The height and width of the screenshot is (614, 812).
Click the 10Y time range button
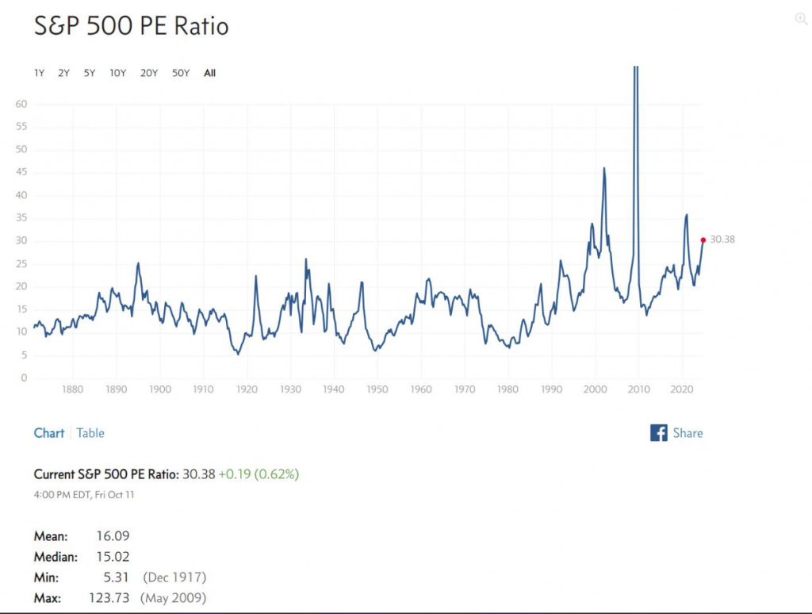click(118, 73)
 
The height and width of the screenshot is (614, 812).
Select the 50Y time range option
click(181, 73)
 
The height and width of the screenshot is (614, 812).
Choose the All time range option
click(209, 73)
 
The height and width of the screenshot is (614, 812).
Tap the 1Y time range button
click(39, 73)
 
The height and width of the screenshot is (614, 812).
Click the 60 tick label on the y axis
click(22, 104)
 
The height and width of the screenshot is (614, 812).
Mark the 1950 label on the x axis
click(377, 390)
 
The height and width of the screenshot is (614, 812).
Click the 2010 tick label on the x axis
click(638, 390)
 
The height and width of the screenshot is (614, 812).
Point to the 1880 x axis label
click(73, 390)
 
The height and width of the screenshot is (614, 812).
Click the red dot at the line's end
click(703, 240)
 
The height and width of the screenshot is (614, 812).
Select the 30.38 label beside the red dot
click(722, 240)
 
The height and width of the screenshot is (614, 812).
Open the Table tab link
click(90, 433)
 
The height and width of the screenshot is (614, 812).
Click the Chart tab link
click(49, 433)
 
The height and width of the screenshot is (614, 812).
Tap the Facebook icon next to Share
click(658, 433)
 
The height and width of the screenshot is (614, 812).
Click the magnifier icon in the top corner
click(801, 19)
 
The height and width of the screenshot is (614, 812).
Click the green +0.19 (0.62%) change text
click(259, 474)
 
